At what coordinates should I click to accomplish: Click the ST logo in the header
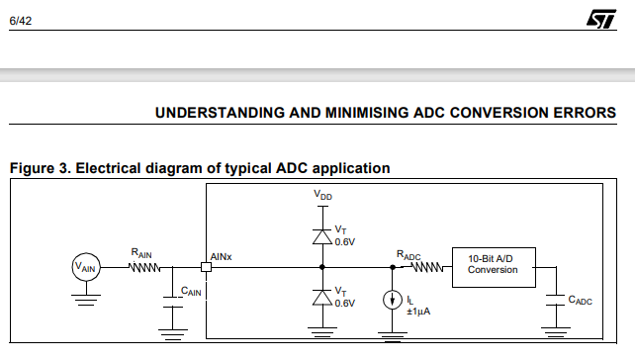pos(601,19)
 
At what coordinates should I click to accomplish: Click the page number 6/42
pos(20,21)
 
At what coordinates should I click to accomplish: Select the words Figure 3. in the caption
pos(41,168)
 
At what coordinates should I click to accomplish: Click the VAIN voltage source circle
pos(86,267)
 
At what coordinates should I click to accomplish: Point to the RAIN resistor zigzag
pos(144,267)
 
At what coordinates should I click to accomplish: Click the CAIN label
pos(191,291)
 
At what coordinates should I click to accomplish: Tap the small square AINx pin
pos(206,267)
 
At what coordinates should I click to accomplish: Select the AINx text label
pos(221,257)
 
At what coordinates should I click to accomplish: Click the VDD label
pos(322,195)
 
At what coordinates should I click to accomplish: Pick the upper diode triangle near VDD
pos(322,237)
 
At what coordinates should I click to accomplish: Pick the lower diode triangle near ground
pos(322,298)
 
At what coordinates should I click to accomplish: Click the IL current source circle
pos(392,300)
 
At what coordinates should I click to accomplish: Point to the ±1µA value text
pos(418,312)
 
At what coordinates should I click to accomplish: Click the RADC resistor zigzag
pos(427,267)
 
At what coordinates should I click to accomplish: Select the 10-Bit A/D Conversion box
pos(494,267)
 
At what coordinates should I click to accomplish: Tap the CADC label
pos(580,300)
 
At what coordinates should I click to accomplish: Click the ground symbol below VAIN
pos(86,300)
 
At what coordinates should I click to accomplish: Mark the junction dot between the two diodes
pos(322,267)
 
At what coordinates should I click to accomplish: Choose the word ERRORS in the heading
pos(585,113)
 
